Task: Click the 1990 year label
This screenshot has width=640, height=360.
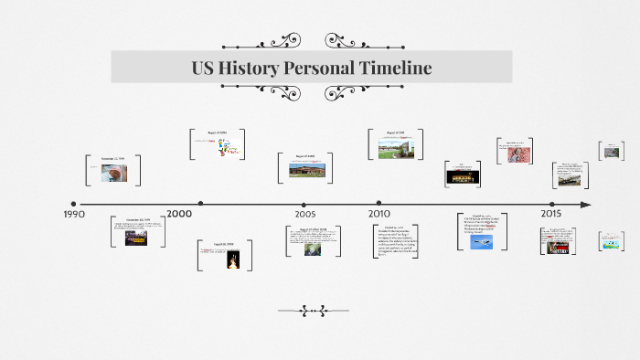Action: coord(74,214)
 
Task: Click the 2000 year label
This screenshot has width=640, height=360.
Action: coord(179,214)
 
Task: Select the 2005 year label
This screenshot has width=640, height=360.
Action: coord(305,214)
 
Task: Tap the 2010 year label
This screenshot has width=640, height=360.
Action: coord(379,214)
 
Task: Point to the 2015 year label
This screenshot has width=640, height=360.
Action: coord(550,214)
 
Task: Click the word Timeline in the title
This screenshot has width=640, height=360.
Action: coord(386,69)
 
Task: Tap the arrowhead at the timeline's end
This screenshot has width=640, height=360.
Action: coord(586,205)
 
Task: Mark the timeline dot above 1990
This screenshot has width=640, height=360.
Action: coord(73,204)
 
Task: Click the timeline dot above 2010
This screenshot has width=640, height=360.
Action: coord(379,204)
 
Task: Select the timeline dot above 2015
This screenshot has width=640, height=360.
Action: coord(551,204)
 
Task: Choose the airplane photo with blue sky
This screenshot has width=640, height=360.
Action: coord(482,242)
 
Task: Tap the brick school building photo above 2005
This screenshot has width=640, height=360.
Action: coord(304,170)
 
